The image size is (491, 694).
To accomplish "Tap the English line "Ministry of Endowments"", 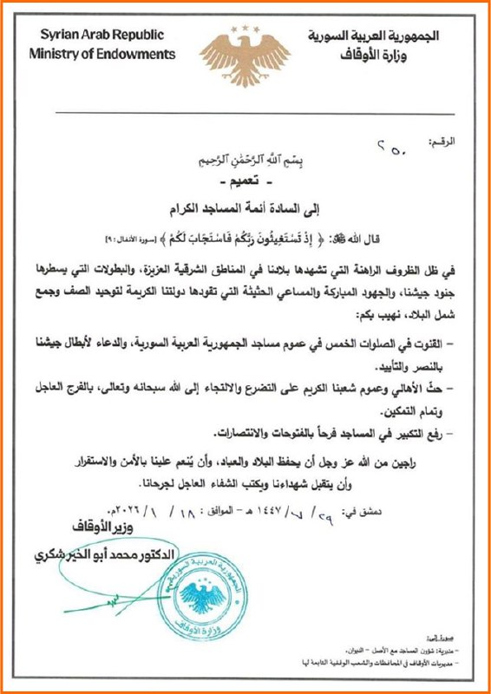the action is (x=101, y=54).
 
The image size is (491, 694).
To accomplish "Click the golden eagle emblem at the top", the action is (x=245, y=48).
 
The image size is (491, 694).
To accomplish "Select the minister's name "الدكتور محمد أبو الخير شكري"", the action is (x=104, y=555).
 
